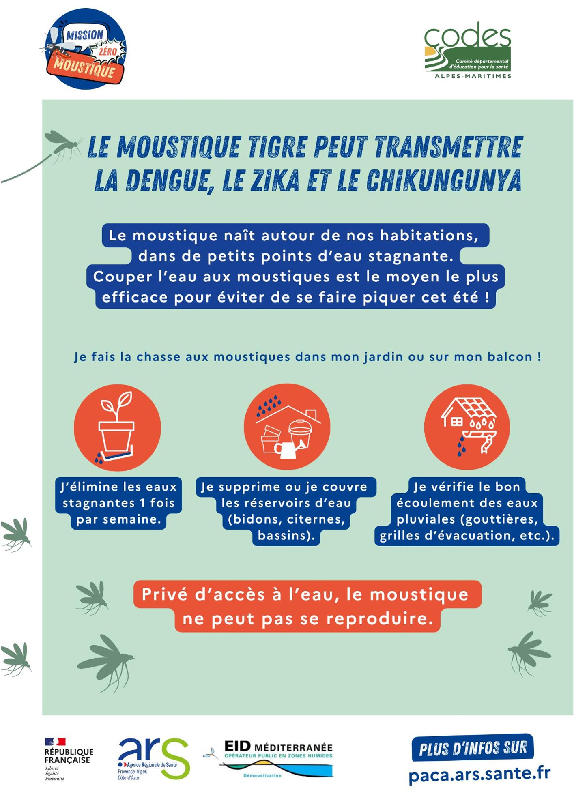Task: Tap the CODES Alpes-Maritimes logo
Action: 467,50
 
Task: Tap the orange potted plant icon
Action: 117,428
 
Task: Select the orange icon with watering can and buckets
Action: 287,427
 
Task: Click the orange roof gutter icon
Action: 467,427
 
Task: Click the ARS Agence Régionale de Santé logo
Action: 154,759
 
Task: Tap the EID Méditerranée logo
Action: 269,759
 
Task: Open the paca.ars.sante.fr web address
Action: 479,774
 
